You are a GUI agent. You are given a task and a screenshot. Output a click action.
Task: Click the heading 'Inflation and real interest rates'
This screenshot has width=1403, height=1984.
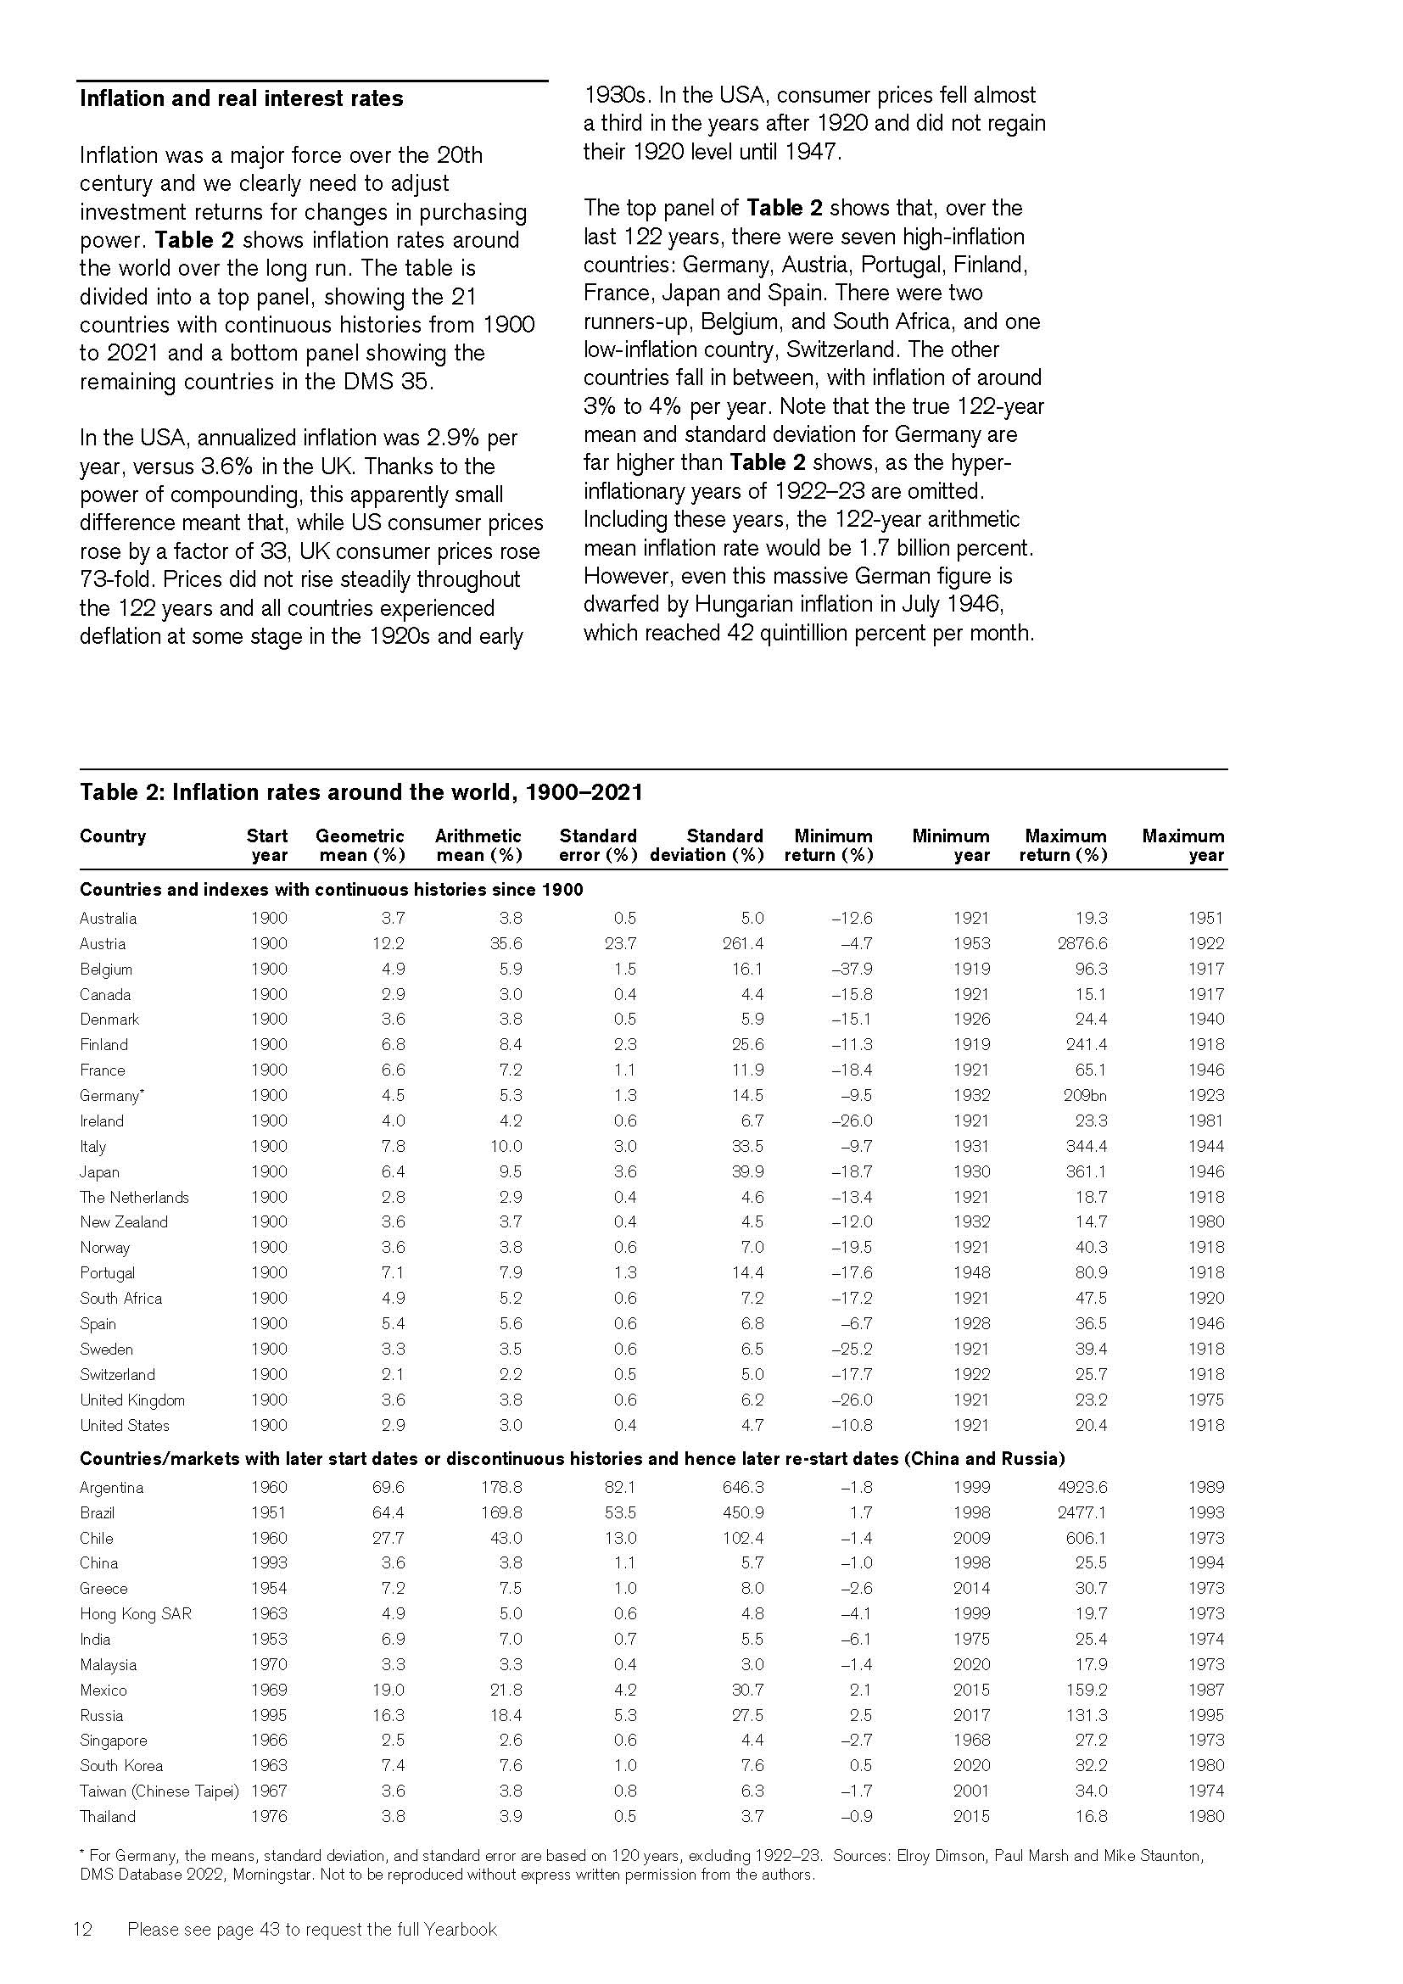(x=241, y=98)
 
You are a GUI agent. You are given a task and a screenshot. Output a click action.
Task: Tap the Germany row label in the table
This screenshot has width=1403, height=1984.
(x=111, y=1096)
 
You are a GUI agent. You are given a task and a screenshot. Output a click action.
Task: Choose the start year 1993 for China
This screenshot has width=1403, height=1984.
(x=269, y=1563)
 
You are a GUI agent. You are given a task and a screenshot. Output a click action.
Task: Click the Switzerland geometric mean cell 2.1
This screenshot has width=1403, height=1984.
(x=393, y=1375)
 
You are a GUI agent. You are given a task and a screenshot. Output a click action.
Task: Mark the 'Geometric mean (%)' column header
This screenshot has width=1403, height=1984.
(x=361, y=845)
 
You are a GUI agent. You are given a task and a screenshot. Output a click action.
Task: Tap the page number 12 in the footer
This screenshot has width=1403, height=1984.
(x=83, y=1930)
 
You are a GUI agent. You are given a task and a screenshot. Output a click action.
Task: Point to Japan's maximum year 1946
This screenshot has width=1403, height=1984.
(x=1206, y=1171)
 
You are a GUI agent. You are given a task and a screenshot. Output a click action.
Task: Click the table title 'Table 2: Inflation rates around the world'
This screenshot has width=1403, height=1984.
(x=361, y=792)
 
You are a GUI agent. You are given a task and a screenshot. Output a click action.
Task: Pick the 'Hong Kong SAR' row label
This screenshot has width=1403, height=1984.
(x=136, y=1614)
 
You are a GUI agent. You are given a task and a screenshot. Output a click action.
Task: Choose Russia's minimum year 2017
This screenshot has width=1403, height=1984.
(x=972, y=1715)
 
